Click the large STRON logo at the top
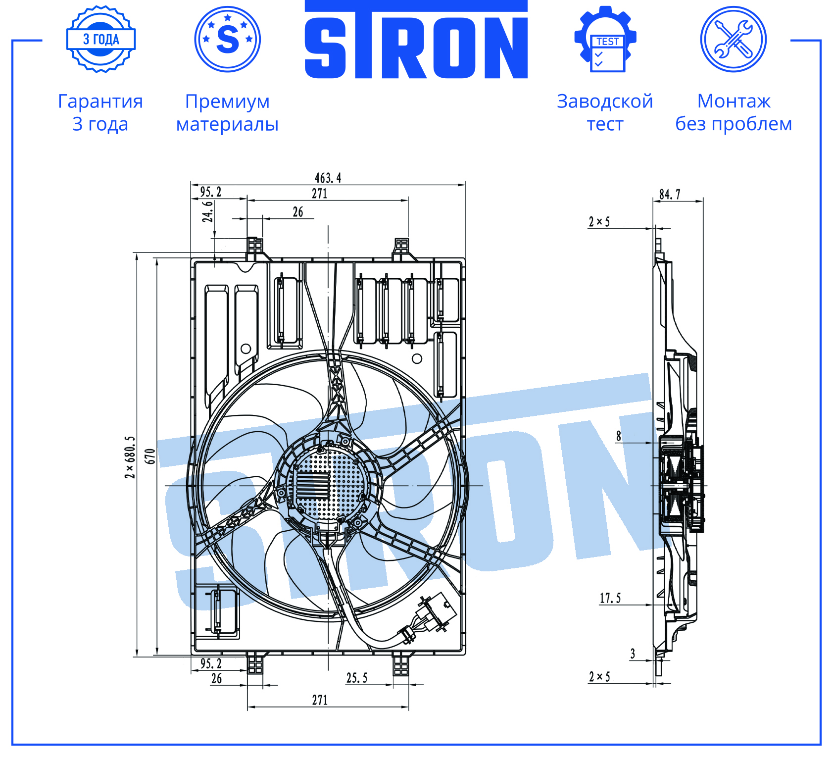(x=416, y=40)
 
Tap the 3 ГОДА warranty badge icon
(x=101, y=39)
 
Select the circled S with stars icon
(x=228, y=39)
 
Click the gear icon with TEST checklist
(x=605, y=39)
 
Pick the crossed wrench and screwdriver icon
(x=734, y=39)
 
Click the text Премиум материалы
(x=227, y=112)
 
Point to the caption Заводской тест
(x=605, y=112)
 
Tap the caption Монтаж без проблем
(x=734, y=112)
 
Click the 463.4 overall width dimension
(x=328, y=178)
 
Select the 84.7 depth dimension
(x=670, y=194)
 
